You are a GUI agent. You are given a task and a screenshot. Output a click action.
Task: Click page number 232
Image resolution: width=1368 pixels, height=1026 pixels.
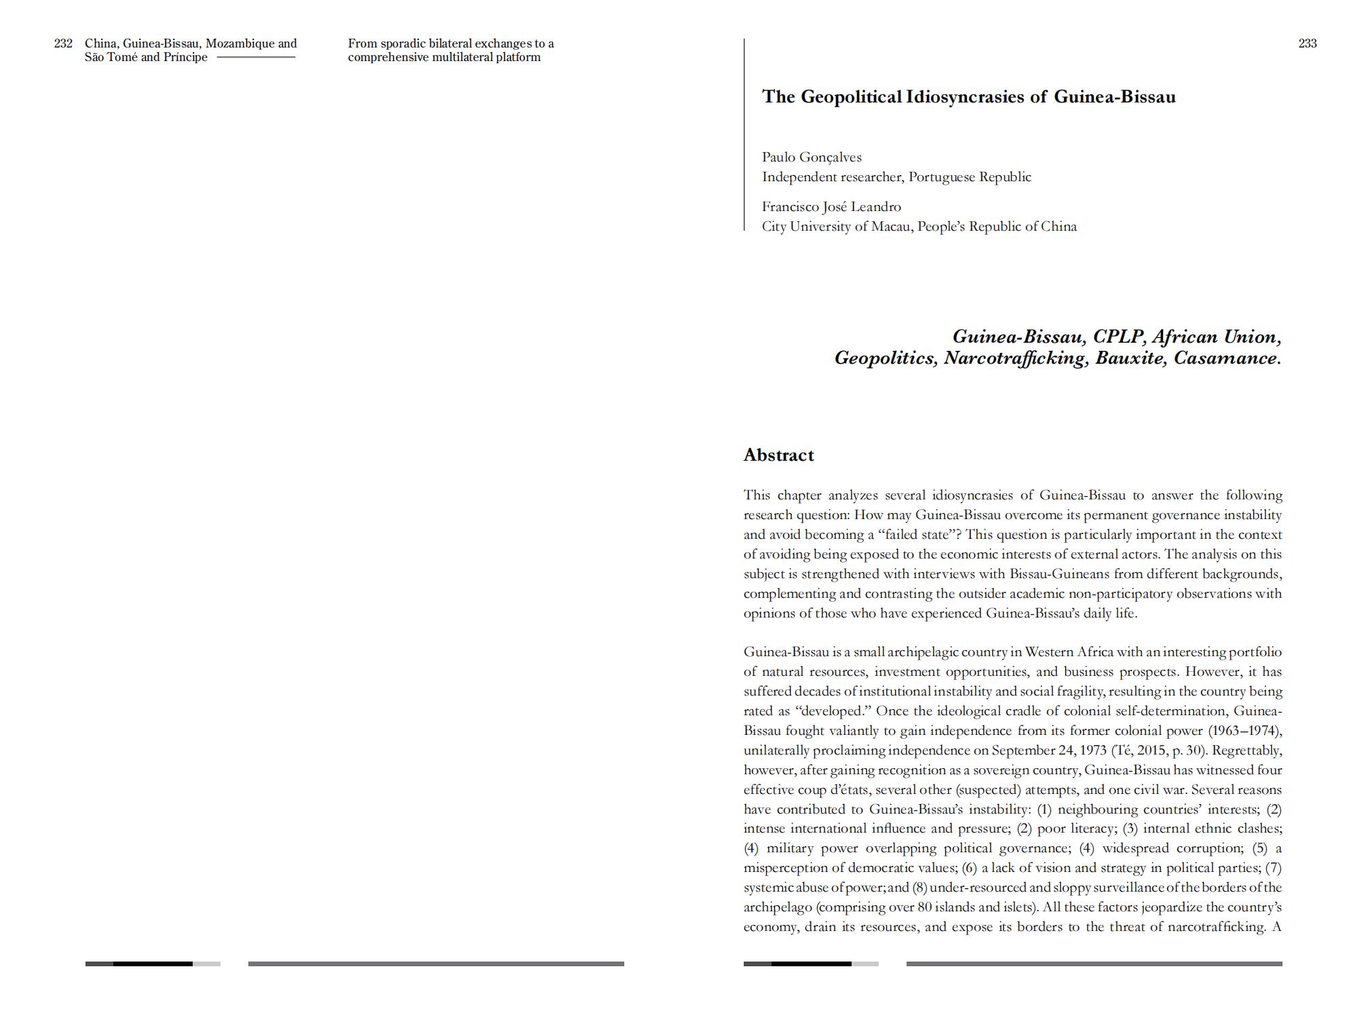tap(63, 43)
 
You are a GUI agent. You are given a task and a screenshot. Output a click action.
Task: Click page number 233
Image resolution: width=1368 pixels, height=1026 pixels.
tap(1308, 43)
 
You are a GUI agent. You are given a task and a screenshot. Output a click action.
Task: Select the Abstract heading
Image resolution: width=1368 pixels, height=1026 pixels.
tap(778, 455)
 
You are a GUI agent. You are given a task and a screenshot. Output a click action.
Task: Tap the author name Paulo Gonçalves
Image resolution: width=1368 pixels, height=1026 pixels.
tap(812, 157)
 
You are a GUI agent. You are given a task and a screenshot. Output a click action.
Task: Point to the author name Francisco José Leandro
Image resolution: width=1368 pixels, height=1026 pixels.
tap(831, 207)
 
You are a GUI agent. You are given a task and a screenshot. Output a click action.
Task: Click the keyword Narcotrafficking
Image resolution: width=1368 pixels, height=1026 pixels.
tap(1016, 358)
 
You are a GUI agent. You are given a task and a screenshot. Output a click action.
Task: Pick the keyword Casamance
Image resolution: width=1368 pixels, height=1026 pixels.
tap(1227, 358)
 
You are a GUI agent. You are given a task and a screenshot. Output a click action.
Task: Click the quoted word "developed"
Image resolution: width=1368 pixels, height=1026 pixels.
tap(833, 711)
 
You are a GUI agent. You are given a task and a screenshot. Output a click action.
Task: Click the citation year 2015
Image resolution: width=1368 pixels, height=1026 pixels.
tap(1152, 750)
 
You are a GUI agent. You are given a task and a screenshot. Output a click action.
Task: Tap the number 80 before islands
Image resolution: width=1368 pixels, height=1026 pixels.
tap(924, 907)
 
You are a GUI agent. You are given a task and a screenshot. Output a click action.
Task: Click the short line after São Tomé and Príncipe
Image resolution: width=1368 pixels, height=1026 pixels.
tap(256, 57)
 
